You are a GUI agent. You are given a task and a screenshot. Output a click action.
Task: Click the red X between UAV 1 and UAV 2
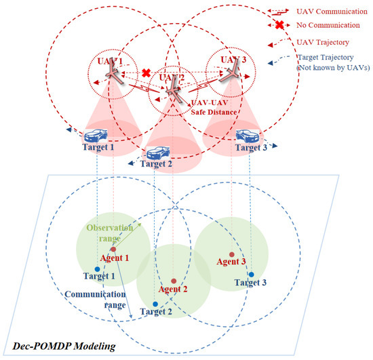click(144, 73)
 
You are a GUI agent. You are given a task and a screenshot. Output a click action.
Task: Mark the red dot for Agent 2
click(174, 281)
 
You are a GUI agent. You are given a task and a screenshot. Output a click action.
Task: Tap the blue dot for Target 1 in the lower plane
click(98, 269)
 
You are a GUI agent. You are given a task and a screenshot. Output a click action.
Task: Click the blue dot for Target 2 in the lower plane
click(155, 304)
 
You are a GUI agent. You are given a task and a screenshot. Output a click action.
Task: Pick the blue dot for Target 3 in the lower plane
click(251, 275)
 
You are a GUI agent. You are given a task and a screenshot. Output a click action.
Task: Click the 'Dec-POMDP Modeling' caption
click(59, 347)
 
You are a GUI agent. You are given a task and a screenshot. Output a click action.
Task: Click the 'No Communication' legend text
click(328, 25)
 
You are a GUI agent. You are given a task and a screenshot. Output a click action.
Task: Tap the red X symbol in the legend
click(279, 26)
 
